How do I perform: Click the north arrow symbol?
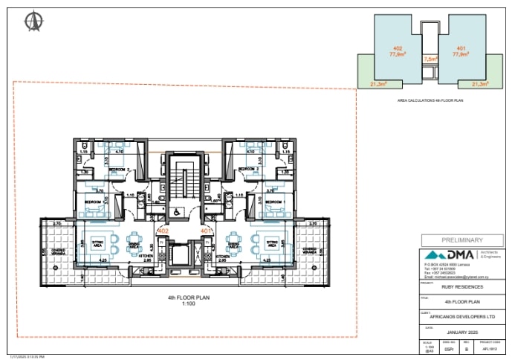32,22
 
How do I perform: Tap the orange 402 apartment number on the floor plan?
164,231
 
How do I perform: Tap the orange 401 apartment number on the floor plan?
207,231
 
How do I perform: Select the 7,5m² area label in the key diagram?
429,58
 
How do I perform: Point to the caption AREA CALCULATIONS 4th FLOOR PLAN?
429,99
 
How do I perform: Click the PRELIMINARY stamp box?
462,240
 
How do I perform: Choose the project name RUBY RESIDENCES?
462,286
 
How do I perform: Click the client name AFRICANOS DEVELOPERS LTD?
462,316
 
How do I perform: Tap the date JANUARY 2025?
462,331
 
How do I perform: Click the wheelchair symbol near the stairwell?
175,210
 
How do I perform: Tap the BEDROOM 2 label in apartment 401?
248,170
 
